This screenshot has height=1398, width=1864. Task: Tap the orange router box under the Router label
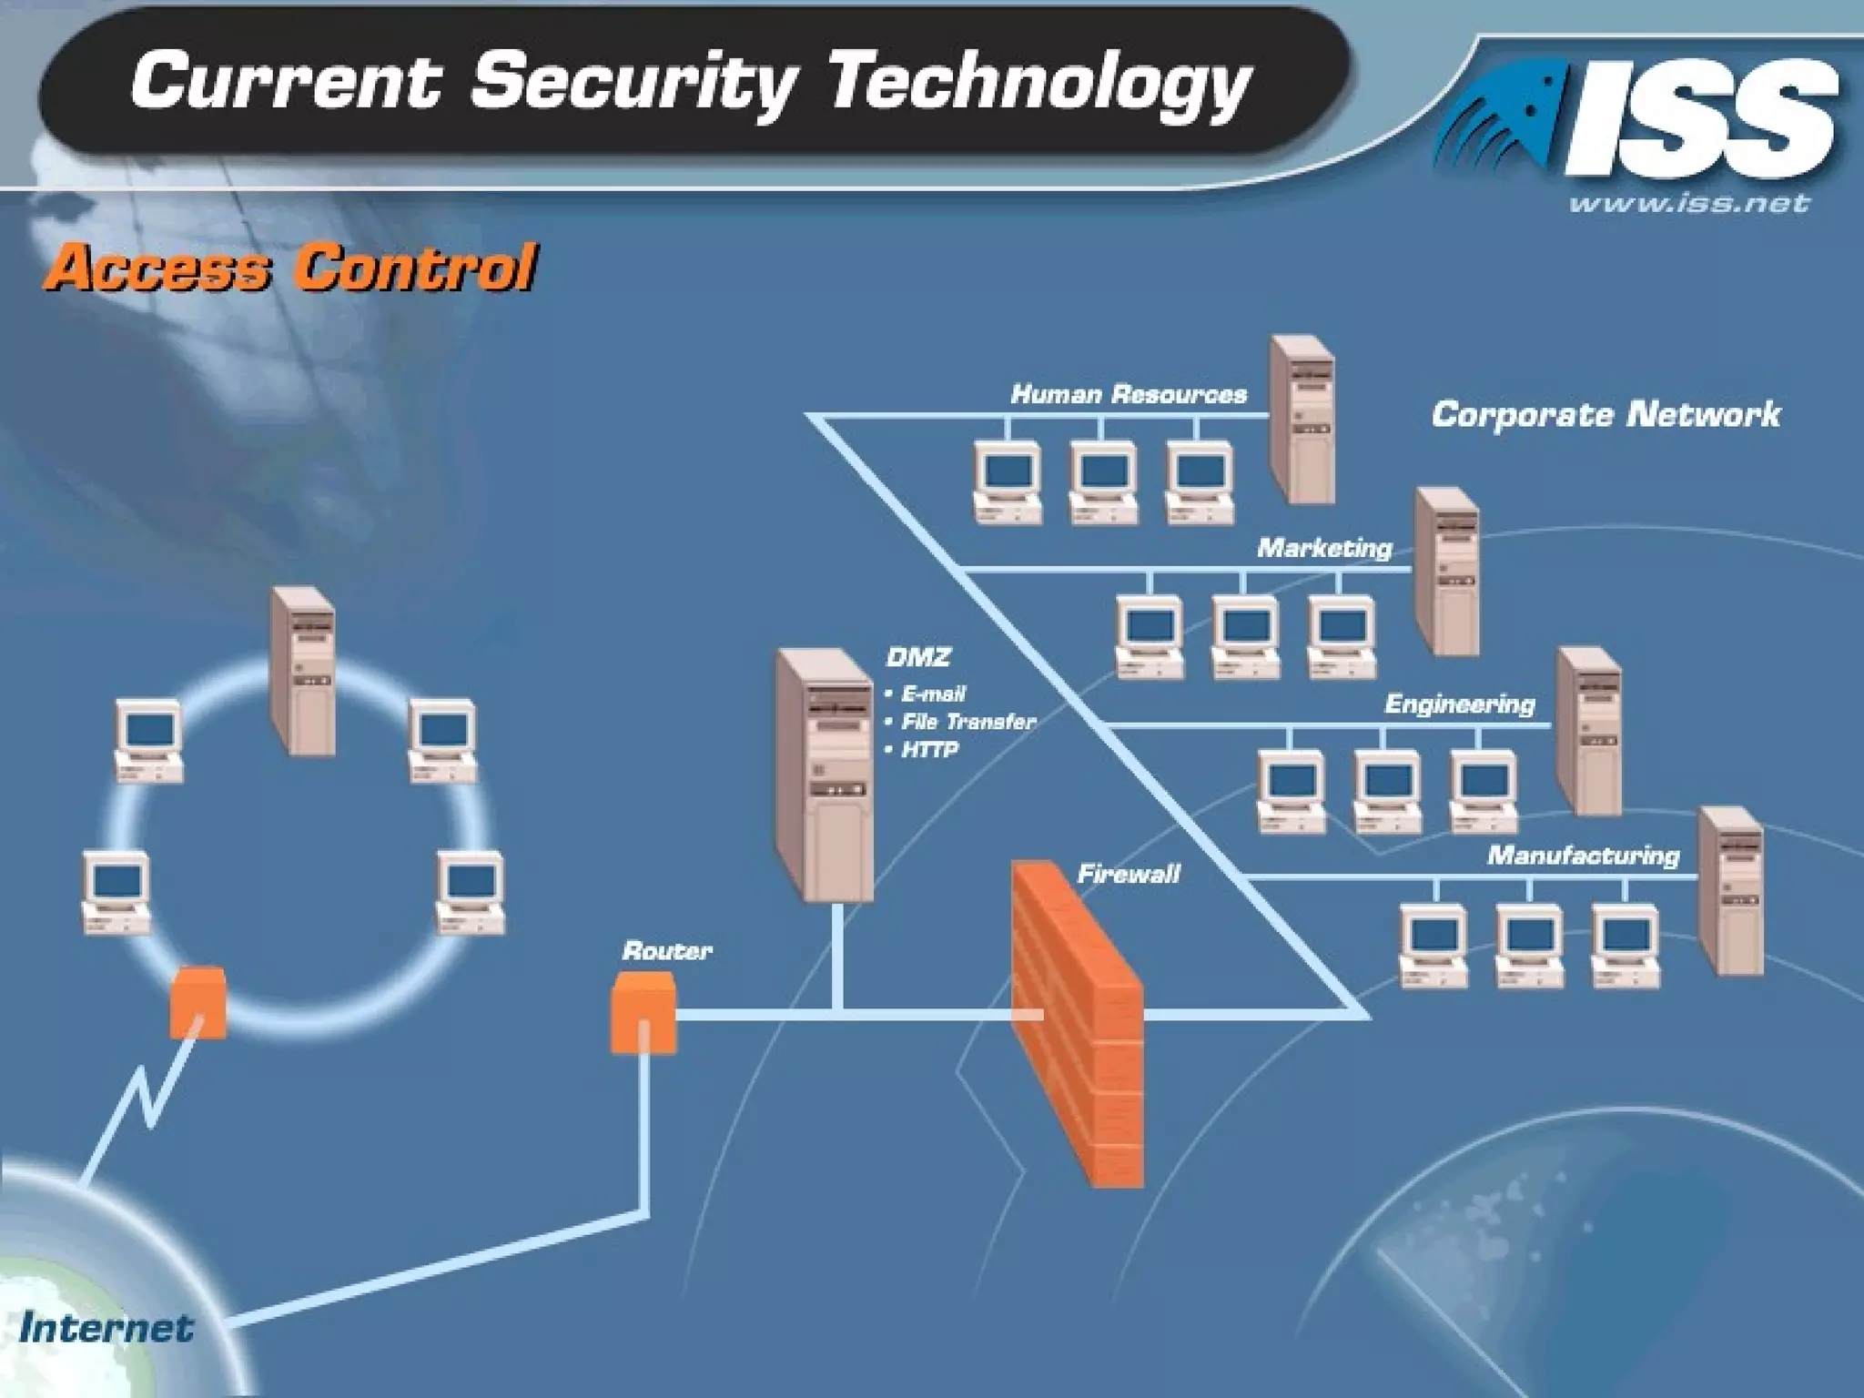643,1011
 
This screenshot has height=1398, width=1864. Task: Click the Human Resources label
1129,394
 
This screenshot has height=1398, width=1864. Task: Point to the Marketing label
1324,548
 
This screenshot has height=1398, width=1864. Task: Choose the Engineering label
1459,704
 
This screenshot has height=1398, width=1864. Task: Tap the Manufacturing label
1583,856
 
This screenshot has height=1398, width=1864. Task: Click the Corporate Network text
1606,415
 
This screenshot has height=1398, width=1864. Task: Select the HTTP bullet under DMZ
929,750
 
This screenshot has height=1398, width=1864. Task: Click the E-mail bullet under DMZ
933,694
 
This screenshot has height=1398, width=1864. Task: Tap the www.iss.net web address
1688,203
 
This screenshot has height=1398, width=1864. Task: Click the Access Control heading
291,268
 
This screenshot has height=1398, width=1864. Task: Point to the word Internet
106,1328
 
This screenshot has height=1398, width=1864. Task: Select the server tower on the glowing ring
303,671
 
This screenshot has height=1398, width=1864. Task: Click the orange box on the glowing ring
198,1001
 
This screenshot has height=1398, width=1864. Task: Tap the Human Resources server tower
1302,419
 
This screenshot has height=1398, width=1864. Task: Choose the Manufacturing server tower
1730,890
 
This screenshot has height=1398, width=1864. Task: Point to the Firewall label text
1129,875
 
